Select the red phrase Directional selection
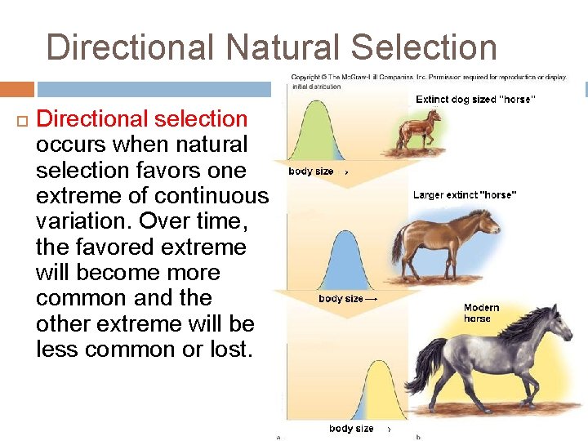click(x=142, y=119)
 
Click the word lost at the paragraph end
click(x=225, y=350)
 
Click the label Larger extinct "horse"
click(x=465, y=195)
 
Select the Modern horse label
click(x=481, y=313)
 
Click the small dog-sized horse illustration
click(x=420, y=130)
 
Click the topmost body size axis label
click(x=311, y=171)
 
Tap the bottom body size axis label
click(x=351, y=429)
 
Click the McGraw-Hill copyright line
click(x=429, y=78)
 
